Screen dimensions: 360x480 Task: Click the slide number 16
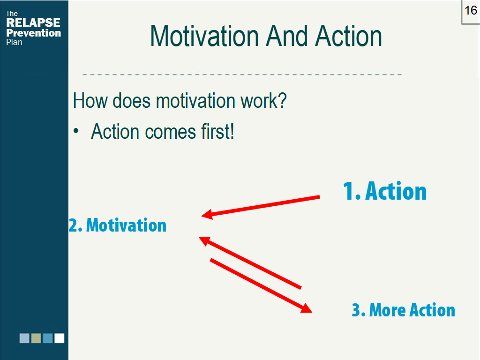[x=471, y=10]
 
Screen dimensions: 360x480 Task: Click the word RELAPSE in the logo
[x=33, y=23]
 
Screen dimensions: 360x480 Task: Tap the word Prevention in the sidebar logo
[x=33, y=33]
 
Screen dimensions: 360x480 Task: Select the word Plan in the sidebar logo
[x=14, y=42]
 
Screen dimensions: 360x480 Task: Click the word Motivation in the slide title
[x=204, y=37]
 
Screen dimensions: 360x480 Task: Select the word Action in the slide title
[x=348, y=37]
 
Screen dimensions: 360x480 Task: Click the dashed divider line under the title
[x=242, y=75]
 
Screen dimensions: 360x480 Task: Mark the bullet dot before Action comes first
[x=76, y=132]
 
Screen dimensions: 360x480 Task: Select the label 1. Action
[x=385, y=191]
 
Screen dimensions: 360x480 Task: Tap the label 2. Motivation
[x=118, y=225]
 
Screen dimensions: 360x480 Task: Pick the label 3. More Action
[x=403, y=310]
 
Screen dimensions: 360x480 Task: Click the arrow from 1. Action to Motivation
[x=261, y=206]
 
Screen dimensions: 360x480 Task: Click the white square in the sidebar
[x=59, y=338]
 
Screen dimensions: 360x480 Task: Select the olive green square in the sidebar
[x=36, y=338]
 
